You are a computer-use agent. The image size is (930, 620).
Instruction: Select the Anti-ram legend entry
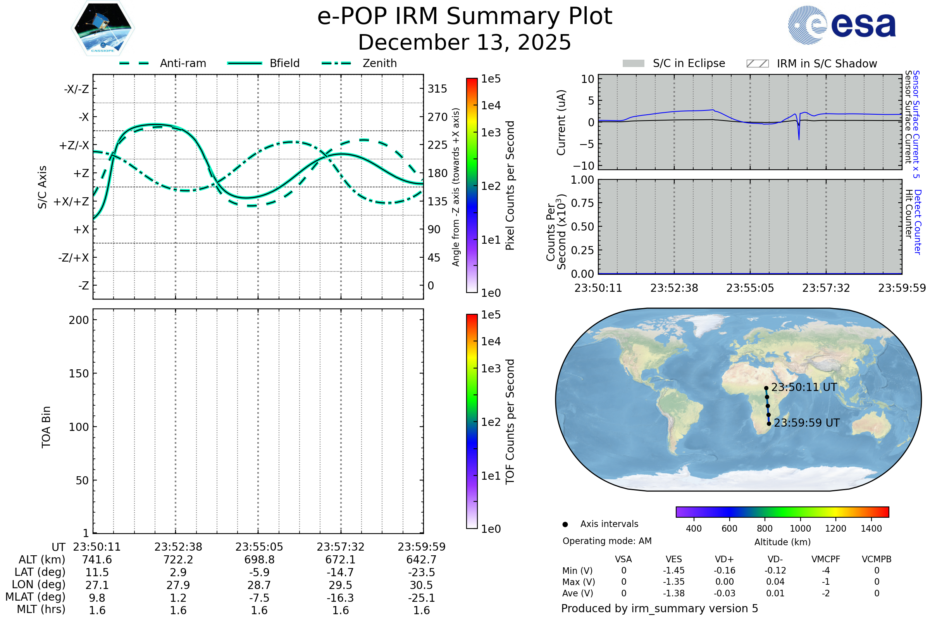point(183,63)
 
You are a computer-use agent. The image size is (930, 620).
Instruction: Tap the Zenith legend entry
point(379,63)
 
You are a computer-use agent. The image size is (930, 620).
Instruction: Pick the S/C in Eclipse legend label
point(689,63)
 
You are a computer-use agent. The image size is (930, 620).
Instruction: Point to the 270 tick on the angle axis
point(437,117)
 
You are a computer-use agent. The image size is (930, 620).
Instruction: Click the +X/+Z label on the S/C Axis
point(71,201)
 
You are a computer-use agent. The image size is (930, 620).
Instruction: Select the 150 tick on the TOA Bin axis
point(79,374)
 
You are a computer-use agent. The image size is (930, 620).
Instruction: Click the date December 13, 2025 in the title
point(465,42)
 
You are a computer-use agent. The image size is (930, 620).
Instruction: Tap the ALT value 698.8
point(259,560)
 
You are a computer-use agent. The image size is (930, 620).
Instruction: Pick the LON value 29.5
point(341,585)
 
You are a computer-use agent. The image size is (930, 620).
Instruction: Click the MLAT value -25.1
point(422,598)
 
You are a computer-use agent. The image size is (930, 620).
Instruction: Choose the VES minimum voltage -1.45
point(673,570)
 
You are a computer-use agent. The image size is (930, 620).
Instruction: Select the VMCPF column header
point(826,559)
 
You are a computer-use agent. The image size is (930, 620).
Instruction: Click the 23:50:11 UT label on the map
point(804,387)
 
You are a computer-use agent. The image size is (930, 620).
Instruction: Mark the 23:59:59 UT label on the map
point(807,423)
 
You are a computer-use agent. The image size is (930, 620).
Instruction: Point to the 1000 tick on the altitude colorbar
point(800,529)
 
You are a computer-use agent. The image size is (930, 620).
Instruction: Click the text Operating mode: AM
point(607,541)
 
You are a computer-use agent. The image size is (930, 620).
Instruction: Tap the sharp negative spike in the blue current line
point(799,138)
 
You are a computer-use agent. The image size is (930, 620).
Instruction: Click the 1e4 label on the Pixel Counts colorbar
point(491,105)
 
